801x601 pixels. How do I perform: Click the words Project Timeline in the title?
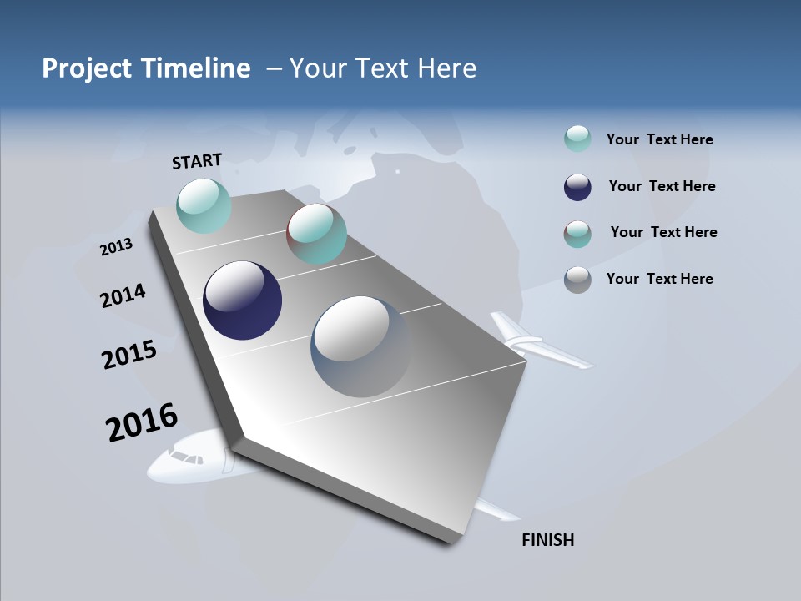(146, 68)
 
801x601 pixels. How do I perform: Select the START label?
(197, 161)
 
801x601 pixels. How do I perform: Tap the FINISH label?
(547, 540)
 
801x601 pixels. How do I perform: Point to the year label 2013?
(116, 247)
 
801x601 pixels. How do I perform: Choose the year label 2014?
(123, 296)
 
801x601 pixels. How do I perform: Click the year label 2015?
(129, 355)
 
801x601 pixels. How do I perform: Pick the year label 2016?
(142, 422)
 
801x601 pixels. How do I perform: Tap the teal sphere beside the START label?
(204, 205)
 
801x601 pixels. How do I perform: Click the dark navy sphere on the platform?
(242, 300)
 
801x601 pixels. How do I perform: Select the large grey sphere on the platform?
(361, 346)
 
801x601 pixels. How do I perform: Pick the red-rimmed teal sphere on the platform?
(316, 234)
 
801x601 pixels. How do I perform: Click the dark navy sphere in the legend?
(577, 187)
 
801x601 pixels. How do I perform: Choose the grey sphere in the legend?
(577, 280)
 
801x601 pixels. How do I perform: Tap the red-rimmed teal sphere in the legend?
(577, 234)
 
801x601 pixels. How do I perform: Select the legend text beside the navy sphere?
(662, 186)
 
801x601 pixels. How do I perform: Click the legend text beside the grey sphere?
(659, 279)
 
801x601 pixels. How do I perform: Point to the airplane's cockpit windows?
(187, 457)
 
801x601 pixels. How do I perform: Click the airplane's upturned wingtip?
(506, 327)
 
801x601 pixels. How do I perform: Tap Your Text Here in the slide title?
(383, 68)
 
